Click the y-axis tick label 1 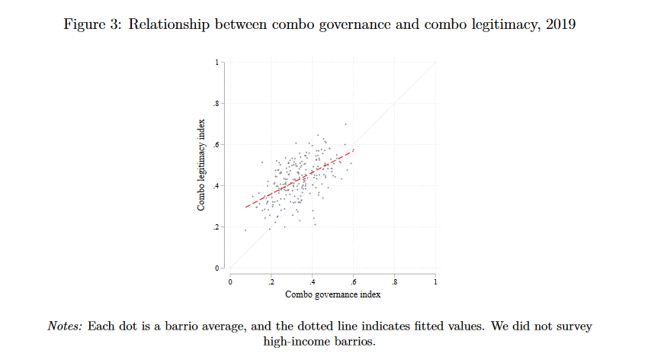tap(217, 62)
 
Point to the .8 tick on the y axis tap(215, 103)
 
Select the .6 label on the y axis tap(215, 144)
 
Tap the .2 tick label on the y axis tap(215, 227)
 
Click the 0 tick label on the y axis tap(217, 268)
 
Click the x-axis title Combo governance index tap(332, 294)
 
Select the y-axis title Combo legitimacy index tap(202, 166)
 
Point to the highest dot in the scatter tap(345, 124)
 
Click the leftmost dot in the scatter tap(245, 230)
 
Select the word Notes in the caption tap(65, 326)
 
